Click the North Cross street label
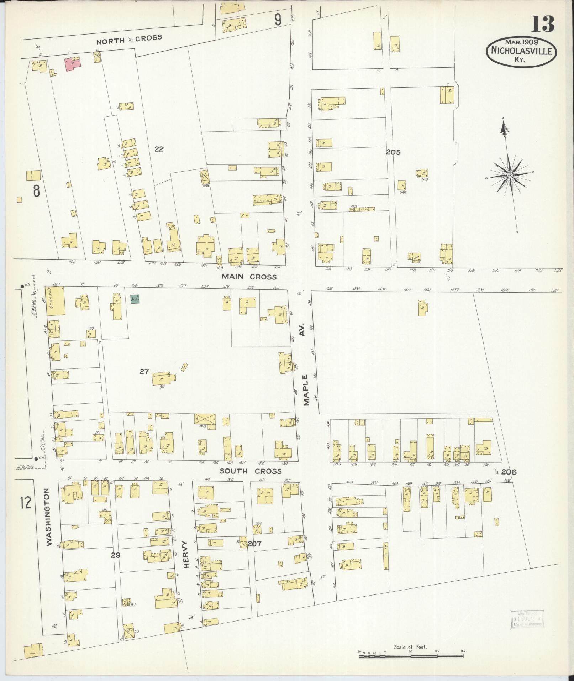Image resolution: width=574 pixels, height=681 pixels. [130, 39]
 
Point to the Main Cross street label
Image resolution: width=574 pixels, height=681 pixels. [248, 276]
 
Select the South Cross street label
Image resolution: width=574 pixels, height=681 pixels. [250, 471]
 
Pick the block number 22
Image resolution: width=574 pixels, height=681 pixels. [159, 149]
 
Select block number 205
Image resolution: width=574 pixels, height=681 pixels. [393, 152]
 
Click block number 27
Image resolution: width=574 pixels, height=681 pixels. [144, 371]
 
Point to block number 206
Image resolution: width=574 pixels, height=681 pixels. [509, 472]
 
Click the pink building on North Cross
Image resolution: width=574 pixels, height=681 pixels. [73, 64]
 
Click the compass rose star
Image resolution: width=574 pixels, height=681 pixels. [510, 176]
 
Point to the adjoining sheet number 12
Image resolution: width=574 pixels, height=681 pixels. [26, 503]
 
